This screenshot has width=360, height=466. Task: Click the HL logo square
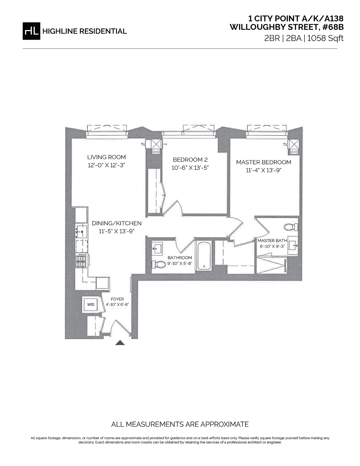[x=31, y=31]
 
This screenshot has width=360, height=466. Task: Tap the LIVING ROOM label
[x=106, y=157]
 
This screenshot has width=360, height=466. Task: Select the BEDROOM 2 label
[x=190, y=160]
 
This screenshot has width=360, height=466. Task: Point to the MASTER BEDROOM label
[x=263, y=162]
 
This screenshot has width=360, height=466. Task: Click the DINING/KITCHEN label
[x=117, y=223]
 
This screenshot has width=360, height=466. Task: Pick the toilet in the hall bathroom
[x=159, y=264]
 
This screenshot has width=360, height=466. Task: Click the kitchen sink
[x=81, y=231]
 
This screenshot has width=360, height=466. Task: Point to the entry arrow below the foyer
[x=120, y=343]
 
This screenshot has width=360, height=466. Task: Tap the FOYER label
[x=117, y=299]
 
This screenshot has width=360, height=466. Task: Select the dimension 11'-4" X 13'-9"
[x=263, y=170]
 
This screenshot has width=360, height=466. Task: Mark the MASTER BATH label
[x=272, y=241]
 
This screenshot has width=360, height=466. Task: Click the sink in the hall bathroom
[x=157, y=249]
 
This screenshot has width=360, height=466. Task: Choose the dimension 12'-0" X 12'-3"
[x=106, y=165]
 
